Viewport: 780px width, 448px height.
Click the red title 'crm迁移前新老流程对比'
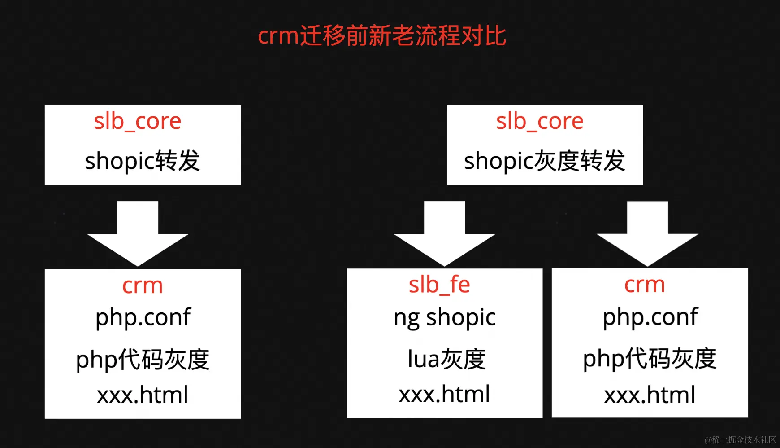(x=382, y=35)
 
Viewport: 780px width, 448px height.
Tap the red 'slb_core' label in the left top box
(x=138, y=121)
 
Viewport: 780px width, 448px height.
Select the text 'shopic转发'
(x=143, y=161)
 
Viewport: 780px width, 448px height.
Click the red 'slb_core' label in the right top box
(x=540, y=121)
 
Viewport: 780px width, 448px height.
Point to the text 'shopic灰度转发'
(x=544, y=161)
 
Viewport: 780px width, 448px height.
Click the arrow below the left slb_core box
(x=138, y=233)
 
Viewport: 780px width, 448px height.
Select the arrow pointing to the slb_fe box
(x=444, y=233)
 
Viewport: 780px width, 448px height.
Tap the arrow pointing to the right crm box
(x=647, y=233)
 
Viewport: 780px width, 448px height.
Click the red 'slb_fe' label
(x=439, y=285)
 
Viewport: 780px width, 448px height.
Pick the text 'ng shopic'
(x=445, y=318)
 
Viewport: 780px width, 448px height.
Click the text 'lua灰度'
(x=446, y=359)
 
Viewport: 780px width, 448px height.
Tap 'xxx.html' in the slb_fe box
(x=444, y=394)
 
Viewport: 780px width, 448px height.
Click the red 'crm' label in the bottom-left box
(x=143, y=285)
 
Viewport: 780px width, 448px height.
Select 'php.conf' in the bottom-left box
(x=143, y=318)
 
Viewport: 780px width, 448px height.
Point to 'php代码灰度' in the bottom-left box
(x=143, y=360)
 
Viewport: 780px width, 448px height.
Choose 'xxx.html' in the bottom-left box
(x=143, y=395)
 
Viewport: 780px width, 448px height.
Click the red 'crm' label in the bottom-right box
(x=645, y=285)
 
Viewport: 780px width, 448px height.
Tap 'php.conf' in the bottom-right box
(x=650, y=317)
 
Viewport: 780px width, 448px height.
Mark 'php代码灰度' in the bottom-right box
(x=650, y=359)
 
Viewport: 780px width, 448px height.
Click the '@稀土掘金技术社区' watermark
(x=740, y=439)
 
